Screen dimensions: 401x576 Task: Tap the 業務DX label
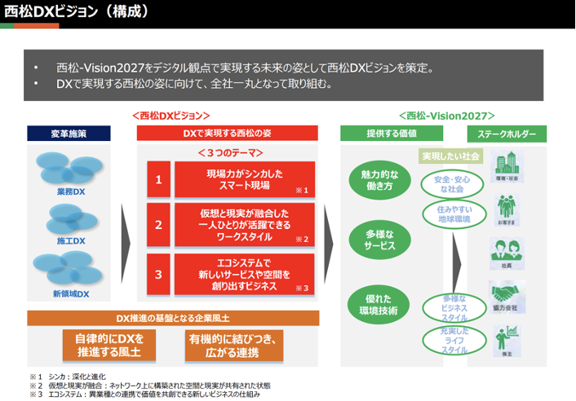(x=70, y=192)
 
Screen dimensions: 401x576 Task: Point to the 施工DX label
(x=70, y=242)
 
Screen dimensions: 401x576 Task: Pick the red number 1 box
(x=158, y=179)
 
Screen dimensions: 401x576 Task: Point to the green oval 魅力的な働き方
(x=380, y=179)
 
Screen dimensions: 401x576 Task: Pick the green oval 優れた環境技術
(x=380, y=303)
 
